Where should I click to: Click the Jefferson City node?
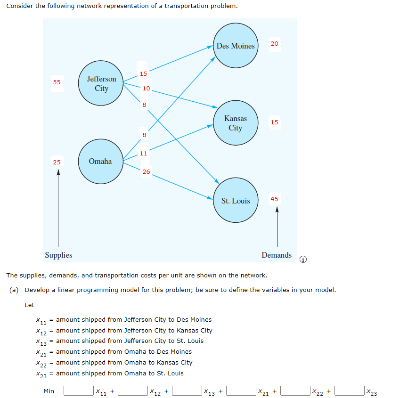101,84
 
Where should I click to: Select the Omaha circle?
100,162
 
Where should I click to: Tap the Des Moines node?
236,46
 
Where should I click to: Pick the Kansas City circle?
236,123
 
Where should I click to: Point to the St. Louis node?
236,201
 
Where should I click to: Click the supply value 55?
57,82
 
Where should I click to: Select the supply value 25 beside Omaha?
57,162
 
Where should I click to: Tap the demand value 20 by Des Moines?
275,43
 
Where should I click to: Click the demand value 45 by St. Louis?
275,199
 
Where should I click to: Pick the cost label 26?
146,172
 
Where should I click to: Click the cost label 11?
143,153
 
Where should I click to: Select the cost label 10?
146,88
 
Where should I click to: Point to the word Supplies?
58,255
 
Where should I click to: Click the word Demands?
277,255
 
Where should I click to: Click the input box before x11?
78,391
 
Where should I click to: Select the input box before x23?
350,391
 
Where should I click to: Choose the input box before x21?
241,391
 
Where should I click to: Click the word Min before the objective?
49,391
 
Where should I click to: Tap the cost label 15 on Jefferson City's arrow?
143,73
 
